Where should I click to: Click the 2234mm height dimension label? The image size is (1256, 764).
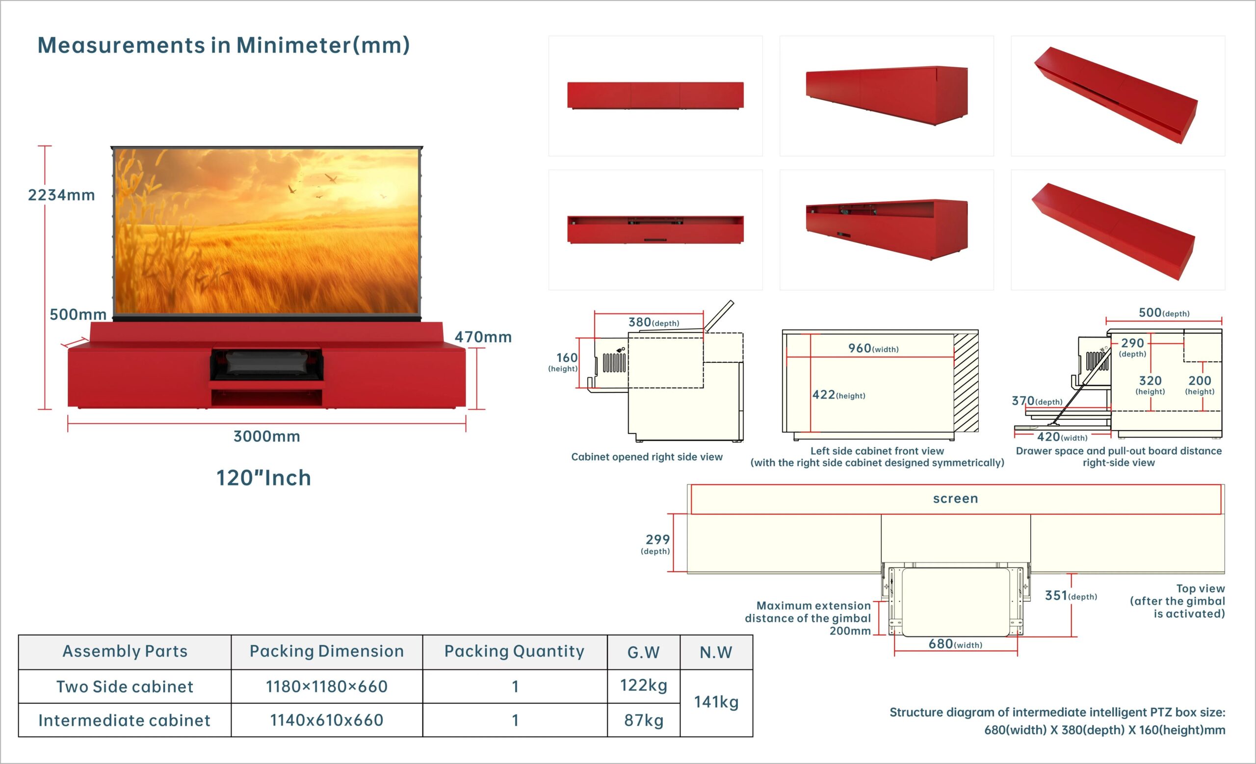(x=62, y=195)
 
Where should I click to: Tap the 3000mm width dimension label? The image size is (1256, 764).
(x=266, y=436)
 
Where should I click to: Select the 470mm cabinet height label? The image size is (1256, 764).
(x=483, y=337)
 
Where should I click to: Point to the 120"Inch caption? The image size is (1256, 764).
(x=263, y=478)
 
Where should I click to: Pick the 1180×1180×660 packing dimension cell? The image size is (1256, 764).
(x=327, y=687)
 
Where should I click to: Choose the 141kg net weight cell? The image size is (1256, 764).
(x=716, y=702)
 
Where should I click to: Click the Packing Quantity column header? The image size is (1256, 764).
(x=514, y=651)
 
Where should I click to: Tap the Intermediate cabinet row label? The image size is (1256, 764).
(x=125, y=720)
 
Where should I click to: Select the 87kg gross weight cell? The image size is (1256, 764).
(x=644, y=720)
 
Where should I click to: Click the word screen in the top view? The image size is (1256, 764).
(x=956, y=499)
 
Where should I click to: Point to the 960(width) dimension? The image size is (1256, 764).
(x=873, y=348)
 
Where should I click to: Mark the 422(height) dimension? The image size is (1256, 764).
(x=838, y=395)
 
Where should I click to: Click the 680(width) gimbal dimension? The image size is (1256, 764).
(x=955, y=644)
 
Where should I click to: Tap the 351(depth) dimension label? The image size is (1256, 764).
(x=1071, y=595)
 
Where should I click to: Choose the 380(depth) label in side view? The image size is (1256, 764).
(x=654, y=322)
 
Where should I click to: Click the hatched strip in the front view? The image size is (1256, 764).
(x=966, y=382)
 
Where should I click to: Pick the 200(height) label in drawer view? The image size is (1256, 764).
(x=1200, y=384)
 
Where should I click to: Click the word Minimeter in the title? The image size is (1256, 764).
(x=293, y=45)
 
